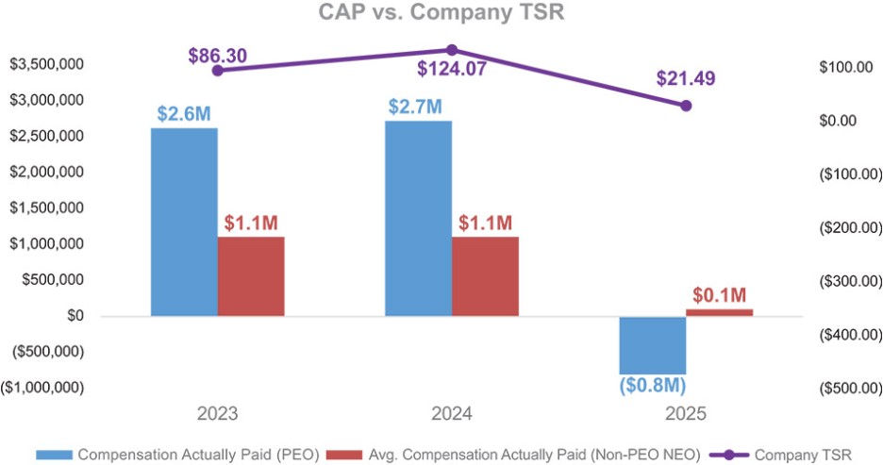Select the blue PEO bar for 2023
(x=184, y=222)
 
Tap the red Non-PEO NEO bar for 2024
(x=485, y=275)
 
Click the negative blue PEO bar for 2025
(x=652, y=345)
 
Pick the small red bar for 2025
(x=720, y=311)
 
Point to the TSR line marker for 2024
(x=452, y=49)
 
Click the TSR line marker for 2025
(x=686, y=106)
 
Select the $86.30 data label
(x=217, y=55)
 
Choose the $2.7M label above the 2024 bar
(x=415, y=106)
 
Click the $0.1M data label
(x=720, y=294)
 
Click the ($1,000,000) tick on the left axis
(x=42, y=388)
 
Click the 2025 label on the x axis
(x=686, y=414)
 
